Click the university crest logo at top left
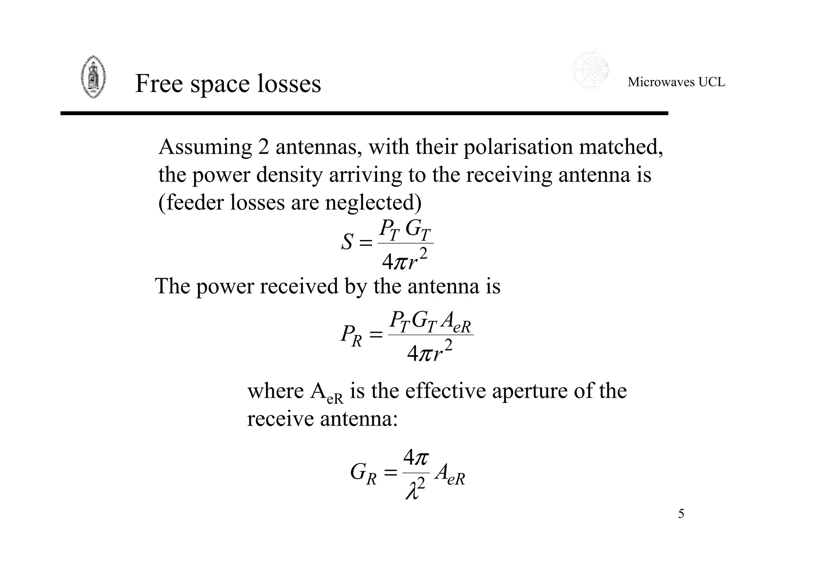(x=93, y=77)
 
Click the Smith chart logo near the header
(x=590, y=70)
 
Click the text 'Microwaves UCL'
(x=676, y=82)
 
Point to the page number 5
(x=681, y=514)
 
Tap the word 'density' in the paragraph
(x=289, y=175)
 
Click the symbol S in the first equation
(x=347, y=242)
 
